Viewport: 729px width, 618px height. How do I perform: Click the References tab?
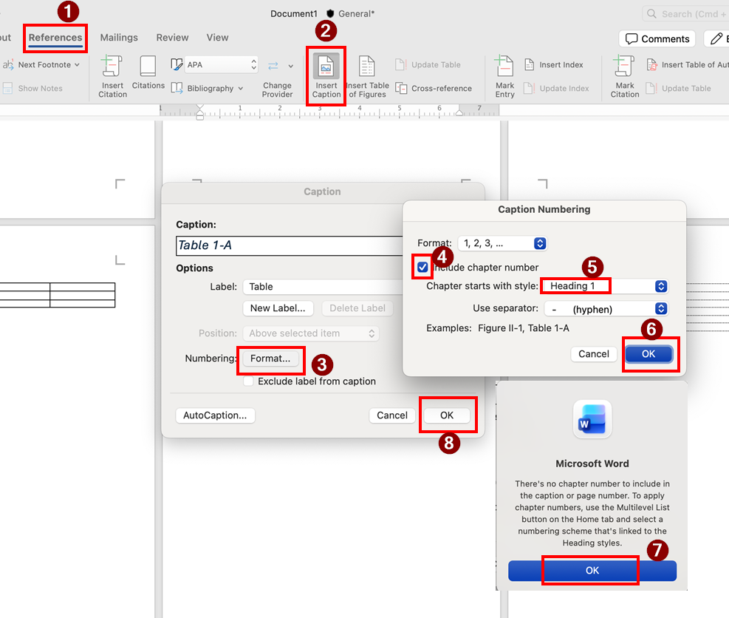tap(55, 38)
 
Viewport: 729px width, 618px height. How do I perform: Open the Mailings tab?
tap(119, 38)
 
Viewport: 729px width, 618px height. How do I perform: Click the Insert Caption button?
tap(326, 76)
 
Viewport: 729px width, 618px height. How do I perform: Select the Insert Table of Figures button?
tap(367, 76)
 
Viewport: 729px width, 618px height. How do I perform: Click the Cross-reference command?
tap(434, 89)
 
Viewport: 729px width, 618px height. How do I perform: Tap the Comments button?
tap(657, 38)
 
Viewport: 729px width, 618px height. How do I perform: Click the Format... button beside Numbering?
tap(270, 359)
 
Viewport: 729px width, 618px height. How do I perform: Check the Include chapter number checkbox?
tap(422, 267)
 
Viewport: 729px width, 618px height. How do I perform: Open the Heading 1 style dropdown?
tap(605, 286)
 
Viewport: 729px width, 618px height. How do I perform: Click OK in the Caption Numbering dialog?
tap(648, 354)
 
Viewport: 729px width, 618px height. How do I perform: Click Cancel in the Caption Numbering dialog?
tap(594, 354)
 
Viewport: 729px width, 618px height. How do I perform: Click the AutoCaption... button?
tap(215, 415)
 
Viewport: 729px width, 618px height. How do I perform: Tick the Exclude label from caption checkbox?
tap(249, 381)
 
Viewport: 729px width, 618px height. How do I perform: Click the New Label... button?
tap(278, 308)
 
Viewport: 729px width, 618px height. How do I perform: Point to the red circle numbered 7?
tap(657, 550)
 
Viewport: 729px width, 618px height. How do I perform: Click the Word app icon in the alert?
tap(592, 419)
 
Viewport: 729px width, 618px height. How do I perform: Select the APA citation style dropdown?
tap(221, 65)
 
